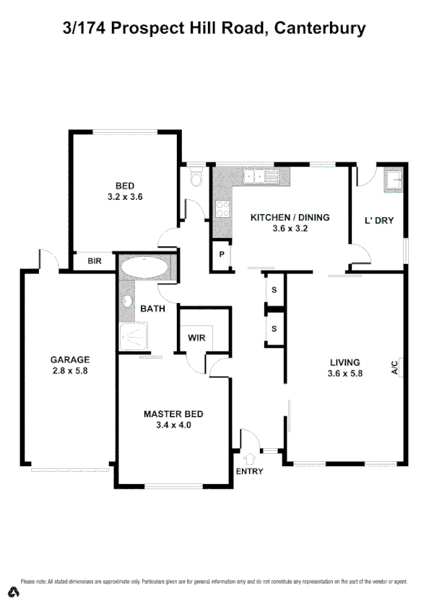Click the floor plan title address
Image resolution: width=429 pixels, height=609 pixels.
pyautogui.click(x=214, y=29)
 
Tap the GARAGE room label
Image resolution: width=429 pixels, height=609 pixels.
pyautogui.click(x=69, y=359)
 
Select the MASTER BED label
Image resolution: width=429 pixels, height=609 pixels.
pyautogui.click(x=173, y=413)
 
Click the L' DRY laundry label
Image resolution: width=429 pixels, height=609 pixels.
pyautogui.click(x=379, y=220)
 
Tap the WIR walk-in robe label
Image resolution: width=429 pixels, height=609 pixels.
pyautogui.click(x=196, y=337)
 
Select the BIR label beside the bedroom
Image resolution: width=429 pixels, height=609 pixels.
pyautogui.click(x=94, y=260)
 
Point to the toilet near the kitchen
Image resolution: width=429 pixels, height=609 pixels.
pyautogui.click(x=195, y=178)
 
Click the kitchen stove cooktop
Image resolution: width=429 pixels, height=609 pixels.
pyautogui.click(x=223, y=209)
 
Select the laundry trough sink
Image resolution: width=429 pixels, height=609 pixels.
pyautogui.click(x=395, y=178)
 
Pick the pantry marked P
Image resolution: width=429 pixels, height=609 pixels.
pyautogui.click(x=221, y=255)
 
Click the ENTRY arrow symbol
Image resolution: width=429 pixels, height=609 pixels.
pyautogui.click(x=250, y=457)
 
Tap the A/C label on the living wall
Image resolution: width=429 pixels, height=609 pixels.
pyautogui.click(x=395, y=367)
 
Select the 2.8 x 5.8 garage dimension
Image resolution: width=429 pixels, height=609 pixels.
pyautogui.click(x=69, y=371)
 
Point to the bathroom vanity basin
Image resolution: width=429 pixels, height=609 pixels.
pyautogui.click(x=128, y=302)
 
